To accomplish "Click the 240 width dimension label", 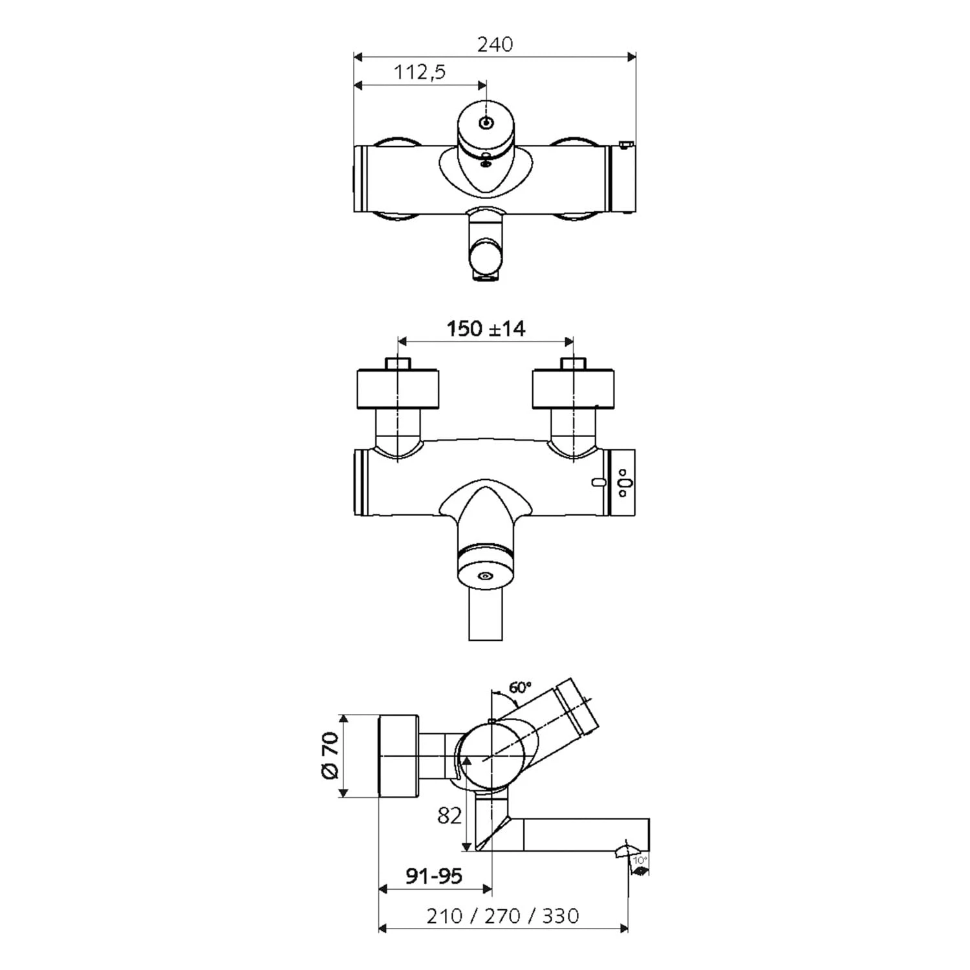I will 495,44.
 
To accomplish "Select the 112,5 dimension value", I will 420,72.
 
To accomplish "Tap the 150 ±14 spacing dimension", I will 486,329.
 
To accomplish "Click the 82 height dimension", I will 450,815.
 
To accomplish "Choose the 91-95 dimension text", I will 434,876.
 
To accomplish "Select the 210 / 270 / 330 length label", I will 502,916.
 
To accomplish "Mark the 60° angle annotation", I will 520,687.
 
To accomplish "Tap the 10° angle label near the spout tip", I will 640,860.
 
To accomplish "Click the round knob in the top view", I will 486,124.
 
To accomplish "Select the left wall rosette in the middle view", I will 398,389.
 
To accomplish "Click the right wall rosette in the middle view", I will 572,389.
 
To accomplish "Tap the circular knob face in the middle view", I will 485,575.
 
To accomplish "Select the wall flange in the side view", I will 398,756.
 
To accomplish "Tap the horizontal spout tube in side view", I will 582,834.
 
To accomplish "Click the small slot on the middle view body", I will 596,482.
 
